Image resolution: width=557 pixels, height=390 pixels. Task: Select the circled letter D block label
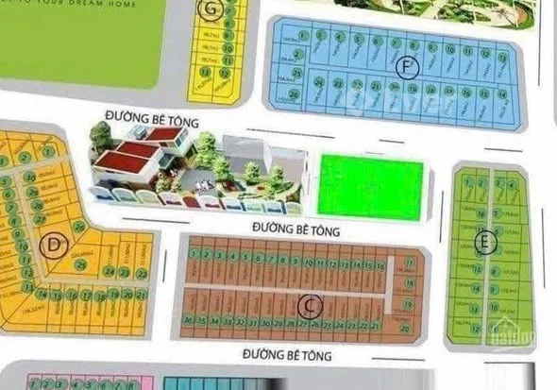pos(56,247)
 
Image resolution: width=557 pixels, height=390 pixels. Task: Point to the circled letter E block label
pos(485,243)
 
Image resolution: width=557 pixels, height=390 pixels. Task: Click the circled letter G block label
pos(210,11)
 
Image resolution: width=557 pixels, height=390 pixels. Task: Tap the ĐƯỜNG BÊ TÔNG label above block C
pos(296,229)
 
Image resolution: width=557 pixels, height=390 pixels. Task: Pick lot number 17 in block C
pos(408,263)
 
